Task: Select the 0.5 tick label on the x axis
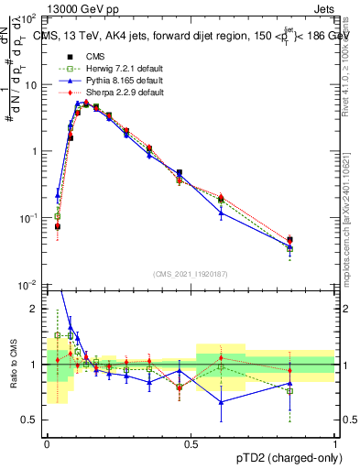191,442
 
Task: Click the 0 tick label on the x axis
47,442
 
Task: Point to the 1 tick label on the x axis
335,442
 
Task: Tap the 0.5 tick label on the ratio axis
29,420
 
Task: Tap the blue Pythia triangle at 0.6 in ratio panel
221,401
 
